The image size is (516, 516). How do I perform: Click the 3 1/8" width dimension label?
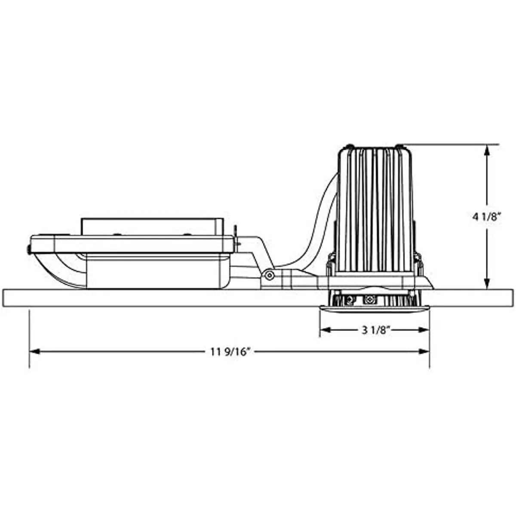(375, 331)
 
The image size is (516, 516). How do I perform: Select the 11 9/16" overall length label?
(230, 352)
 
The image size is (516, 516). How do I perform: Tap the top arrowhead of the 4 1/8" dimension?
(487, 150)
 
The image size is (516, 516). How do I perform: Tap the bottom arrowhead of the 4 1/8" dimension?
(487, 283)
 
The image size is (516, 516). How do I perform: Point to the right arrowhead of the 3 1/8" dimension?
(424, 330)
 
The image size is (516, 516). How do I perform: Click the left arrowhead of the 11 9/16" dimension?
(35, 352)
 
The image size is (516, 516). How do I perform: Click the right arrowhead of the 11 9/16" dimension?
(424, 352)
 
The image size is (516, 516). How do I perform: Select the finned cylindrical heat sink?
(375, 212)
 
